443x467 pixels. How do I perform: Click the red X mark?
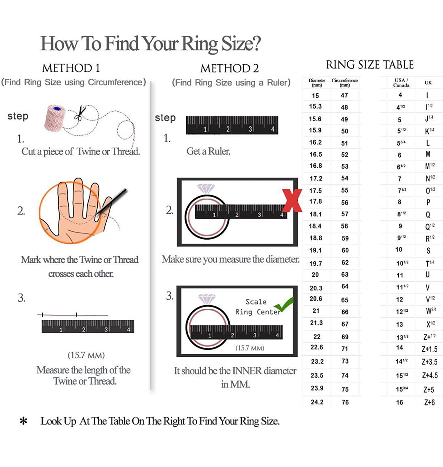pos(292,201)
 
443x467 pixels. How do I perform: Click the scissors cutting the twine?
pos(80,114)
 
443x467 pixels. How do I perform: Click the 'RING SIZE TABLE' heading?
pos(370,65)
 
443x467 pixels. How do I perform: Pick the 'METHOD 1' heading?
pos(71,68)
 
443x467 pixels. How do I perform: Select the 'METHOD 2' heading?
pos(229,69)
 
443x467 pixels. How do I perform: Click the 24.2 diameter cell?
pos(317,402)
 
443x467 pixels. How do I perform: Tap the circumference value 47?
pos(344,95)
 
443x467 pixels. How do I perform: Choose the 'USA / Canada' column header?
pos(401,83)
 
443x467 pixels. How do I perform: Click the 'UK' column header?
pos(428,83)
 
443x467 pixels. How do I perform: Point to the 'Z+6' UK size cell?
pos(429,402)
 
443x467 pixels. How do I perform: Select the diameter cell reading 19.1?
pos(316,250)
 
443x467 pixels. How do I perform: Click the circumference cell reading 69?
pos(345,337)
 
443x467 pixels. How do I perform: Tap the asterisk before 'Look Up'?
pos(24,421)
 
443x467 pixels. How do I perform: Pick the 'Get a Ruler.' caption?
pos(208,151)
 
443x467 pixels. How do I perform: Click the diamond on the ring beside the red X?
pos(206,189)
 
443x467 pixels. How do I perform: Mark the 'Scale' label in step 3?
pos(256,302)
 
